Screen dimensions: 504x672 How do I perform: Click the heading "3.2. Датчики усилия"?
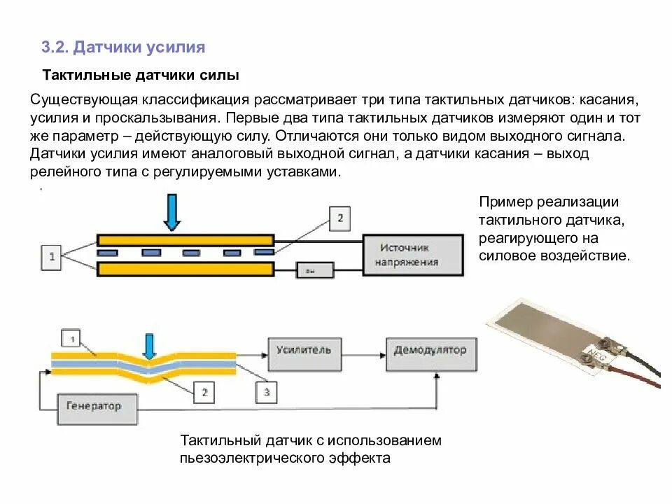point(123,48)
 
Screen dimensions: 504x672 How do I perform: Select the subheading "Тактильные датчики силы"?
point(141,74)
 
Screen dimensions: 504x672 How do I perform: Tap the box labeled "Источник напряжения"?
point(412,255)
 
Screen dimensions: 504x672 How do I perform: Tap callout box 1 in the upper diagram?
point(51,258)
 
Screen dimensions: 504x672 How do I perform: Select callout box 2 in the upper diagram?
point(339,218)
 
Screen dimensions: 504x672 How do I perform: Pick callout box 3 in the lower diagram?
point(267,393)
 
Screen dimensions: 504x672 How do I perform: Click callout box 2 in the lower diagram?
point(204,393)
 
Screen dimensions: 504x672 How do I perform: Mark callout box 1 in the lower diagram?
point(71,339)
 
